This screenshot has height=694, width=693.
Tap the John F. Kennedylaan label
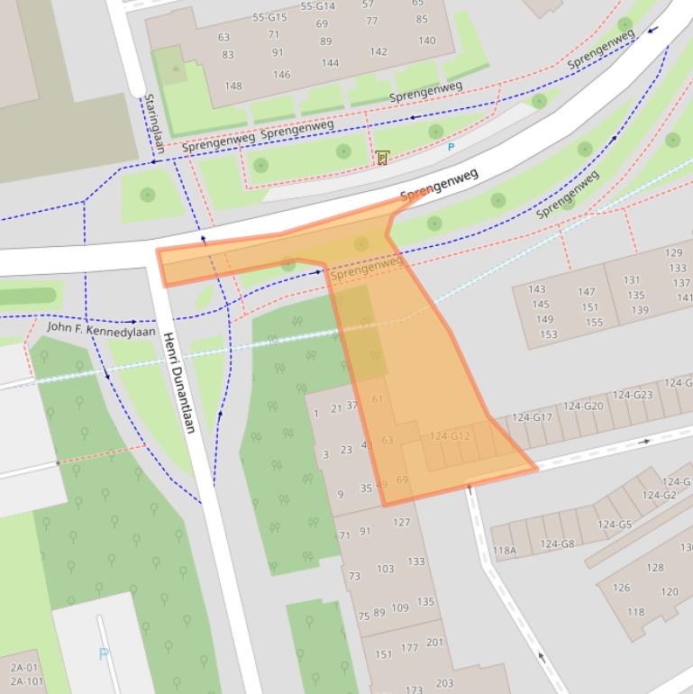[x=101, y=330]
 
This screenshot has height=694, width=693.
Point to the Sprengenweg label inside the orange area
[x=366, y=268]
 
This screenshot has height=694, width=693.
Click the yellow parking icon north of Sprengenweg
[x=382, y=158]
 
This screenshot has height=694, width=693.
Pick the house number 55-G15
[x=269, y=17]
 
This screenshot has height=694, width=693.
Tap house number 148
[x=233, y=86]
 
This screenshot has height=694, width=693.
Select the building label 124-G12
[x=450, y=436]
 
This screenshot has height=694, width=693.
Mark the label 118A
[x=505, y=551]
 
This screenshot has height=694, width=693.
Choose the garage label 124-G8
[x=557, y=543]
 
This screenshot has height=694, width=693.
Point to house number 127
[x=401, y=522]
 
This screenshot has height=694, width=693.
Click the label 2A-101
[x=27, y=681]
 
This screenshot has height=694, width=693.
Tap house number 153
[x=549, y=334]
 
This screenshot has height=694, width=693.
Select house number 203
[x=443, y=683]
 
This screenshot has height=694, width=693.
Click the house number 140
[x=426, y=41]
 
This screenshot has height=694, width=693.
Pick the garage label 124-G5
[x=614, y=525]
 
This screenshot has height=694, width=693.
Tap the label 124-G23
[x=633, y=395]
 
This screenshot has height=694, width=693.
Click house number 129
[x=673, y=253]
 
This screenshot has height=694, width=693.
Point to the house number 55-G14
[x=317, y=6]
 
